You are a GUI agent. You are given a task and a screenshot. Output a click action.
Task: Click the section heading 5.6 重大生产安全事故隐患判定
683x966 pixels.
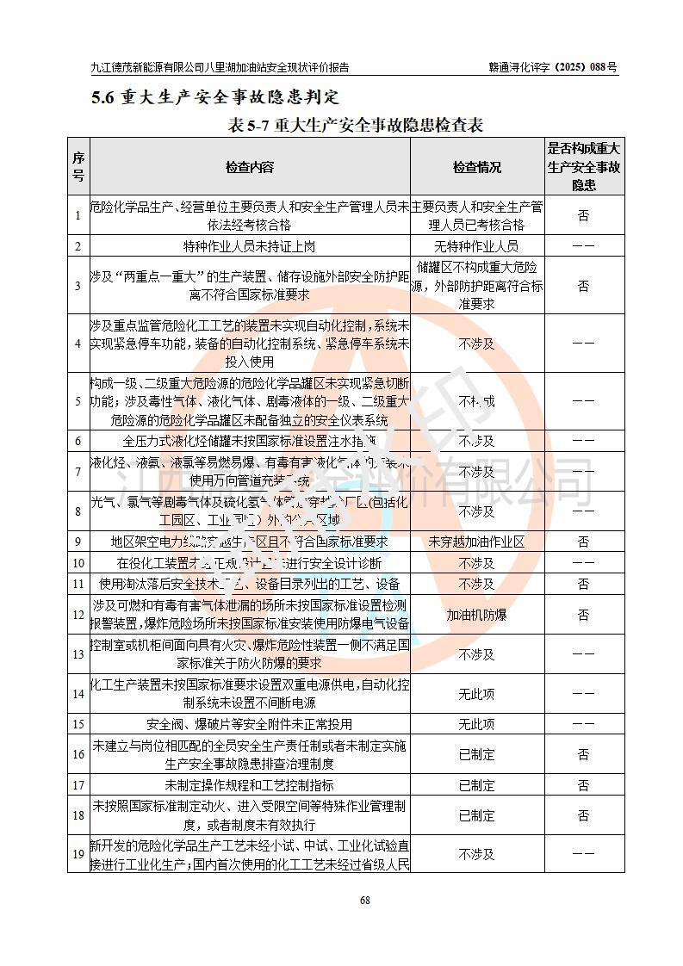coord(215,96)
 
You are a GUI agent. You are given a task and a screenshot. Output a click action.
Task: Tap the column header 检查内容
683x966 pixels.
coord(250,167)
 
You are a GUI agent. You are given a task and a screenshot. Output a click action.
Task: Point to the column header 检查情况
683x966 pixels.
coord(477,167)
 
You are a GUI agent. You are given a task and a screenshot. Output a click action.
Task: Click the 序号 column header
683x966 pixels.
coord(78,167)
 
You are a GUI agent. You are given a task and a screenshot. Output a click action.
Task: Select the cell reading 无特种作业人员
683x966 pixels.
coord(477,246)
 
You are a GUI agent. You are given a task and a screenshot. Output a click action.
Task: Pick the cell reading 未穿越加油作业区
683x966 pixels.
coord(477,542)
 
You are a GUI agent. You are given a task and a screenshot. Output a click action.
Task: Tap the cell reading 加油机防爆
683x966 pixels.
coord(477,615)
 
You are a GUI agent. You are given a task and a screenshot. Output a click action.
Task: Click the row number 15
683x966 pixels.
coord(78,724)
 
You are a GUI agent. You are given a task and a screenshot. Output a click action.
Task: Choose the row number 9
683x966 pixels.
coord(78,542)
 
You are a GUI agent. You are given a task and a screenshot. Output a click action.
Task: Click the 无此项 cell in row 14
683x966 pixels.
coord(477,693)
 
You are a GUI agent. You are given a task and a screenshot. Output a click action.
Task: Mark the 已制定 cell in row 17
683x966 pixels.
coord(477,785)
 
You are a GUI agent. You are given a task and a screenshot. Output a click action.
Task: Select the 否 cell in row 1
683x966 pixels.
coord(583,216)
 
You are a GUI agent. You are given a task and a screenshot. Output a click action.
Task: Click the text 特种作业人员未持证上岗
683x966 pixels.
coord(250,246)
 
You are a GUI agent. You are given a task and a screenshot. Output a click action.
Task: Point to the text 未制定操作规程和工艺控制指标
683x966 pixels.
coord(250,785)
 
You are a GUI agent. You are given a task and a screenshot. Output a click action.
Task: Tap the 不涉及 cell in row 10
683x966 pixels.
coord(477,563)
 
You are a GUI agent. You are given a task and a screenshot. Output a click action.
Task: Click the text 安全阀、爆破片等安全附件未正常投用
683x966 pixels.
coord(250,724)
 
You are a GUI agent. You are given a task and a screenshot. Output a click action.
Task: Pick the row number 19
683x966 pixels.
coord(78,854)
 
